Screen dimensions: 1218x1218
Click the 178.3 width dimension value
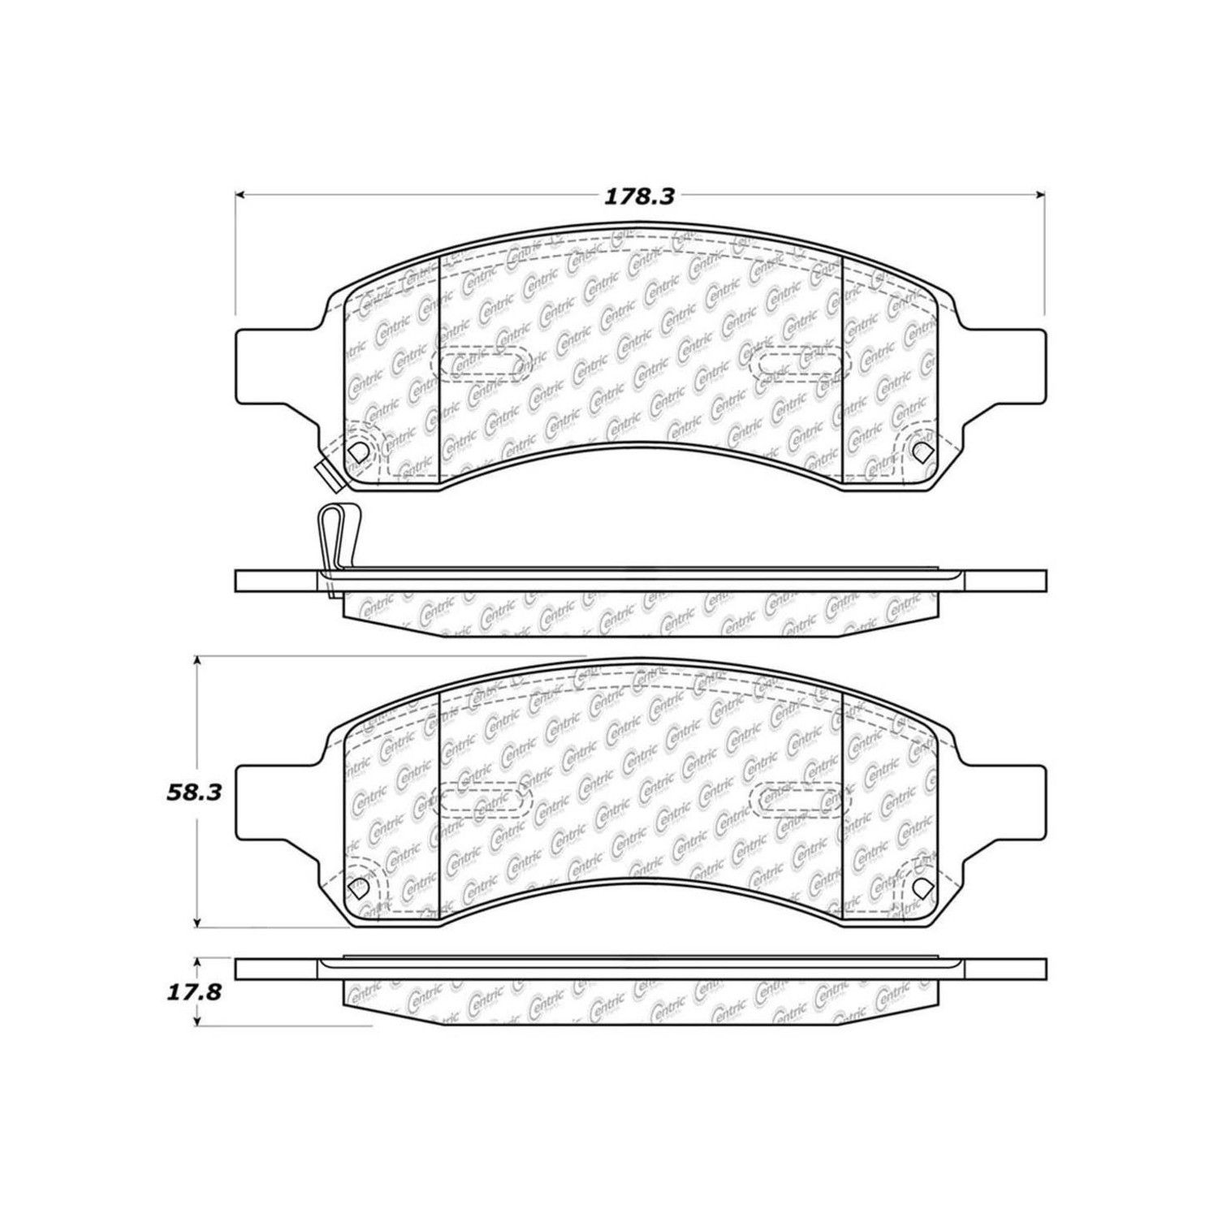(639, 197)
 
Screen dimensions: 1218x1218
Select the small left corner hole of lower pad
(355, 890)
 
